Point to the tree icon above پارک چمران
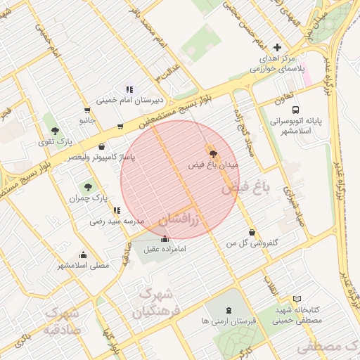(87, 187)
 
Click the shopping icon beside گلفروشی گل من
(252, 233)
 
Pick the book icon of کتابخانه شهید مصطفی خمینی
(297, 300)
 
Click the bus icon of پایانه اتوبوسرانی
(295, 110)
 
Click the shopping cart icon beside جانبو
(86, 110)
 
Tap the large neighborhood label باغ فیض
(246, 188)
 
